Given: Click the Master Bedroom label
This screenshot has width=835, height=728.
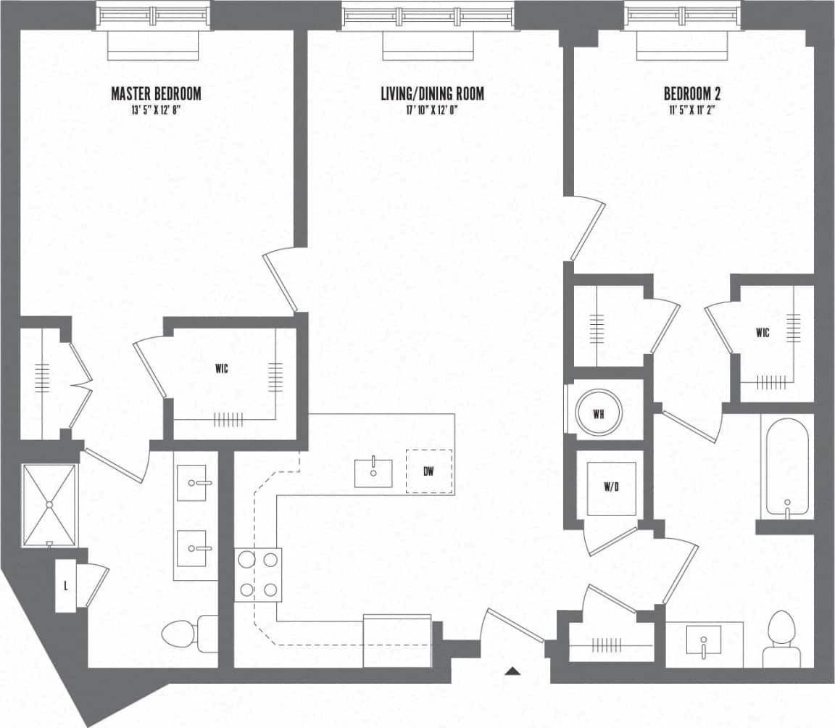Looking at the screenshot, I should (x=156, y=94).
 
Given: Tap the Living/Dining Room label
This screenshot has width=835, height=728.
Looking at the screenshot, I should (x=432, y=94).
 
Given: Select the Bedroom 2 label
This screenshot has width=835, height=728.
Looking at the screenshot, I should (x=691, y=94).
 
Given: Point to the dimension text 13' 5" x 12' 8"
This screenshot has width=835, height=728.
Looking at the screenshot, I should (x=156, y=110).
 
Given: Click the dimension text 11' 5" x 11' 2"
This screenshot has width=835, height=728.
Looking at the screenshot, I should (x=691, y=110).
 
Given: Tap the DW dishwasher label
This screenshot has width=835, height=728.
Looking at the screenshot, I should (x=428, y=472).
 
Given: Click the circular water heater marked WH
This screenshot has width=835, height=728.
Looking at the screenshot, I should (x=598, y=414).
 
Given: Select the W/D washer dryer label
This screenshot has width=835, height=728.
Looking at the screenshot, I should (x=611, y=487).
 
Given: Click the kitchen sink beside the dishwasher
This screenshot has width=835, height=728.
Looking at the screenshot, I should (x=374, y=472).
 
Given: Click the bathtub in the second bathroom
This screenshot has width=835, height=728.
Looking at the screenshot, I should (x=786, y=468).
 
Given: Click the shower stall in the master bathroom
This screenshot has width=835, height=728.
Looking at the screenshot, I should (x=49, y=505).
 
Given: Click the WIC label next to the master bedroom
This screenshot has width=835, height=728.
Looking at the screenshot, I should (x=221, y=369).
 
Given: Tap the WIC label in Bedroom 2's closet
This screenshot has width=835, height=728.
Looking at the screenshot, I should (x=762, y=333).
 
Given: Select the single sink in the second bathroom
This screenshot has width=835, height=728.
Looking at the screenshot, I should (x=703, y=642).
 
